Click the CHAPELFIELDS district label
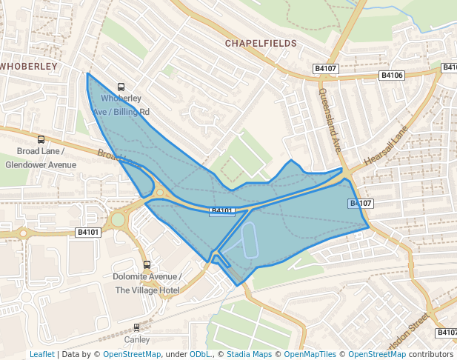click(x=261, y=44)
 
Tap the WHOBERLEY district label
click(x=28, y=66)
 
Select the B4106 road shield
click(x=391, y=75)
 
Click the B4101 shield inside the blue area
click(x=222, y=212)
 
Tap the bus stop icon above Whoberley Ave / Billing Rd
click(x=121, y=87)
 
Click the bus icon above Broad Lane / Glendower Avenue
click(x=41, y=139)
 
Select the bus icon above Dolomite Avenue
click(x=147, y=264)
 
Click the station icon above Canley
click(x=136, y=327)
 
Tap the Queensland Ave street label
click(x=328, y=119)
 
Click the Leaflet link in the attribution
click(x=42, y=354)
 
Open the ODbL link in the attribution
click(x=200, y=354)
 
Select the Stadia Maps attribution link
click(x=247, y=354)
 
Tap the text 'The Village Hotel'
click(x=147, y=290)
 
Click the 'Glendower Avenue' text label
click(x=41, y=164)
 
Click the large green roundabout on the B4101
click(x=119, y=219)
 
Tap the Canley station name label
click(x=136, y=340)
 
